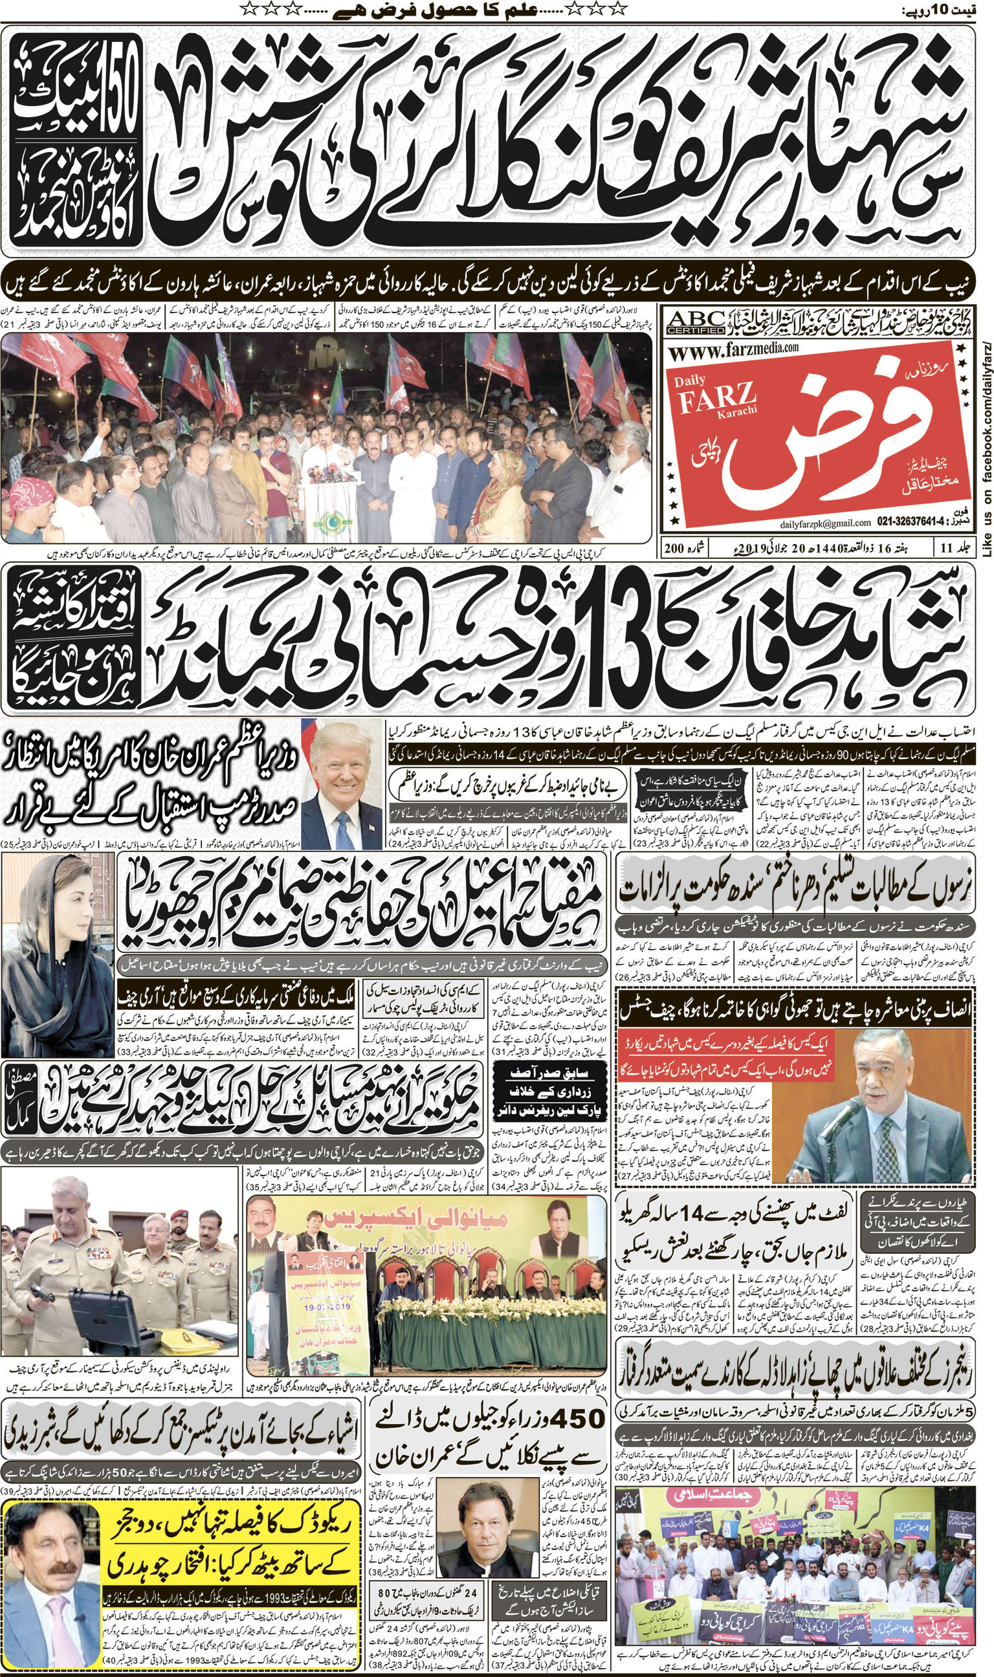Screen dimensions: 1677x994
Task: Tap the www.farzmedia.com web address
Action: tap(733, 348)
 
